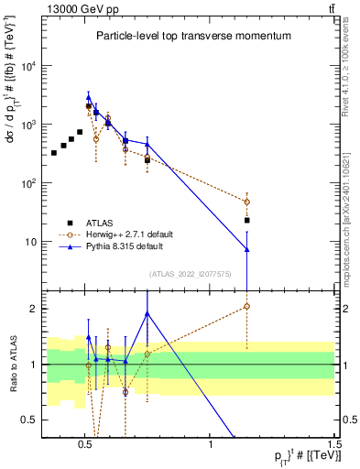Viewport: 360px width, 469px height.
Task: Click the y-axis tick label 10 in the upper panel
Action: pyautogui.click(x=31, y=242)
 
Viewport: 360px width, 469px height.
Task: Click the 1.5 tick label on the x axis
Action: pyautogui.click(x=334, y=444)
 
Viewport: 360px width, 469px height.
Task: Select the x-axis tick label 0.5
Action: pyautogui.click(x=85, y=444)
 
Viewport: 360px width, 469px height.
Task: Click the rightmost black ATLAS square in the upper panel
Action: pyautogui.click(x=247, y=220)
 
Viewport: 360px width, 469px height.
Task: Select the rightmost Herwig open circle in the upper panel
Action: pyautogui.click(x=247, y=202)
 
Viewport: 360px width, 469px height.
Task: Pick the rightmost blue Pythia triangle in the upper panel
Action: pyautogui.click(x=247, y=249)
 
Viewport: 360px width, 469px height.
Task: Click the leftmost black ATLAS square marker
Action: pyautogui.click(x=54, y=152)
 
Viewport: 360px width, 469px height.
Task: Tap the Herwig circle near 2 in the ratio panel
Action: pyautogui.click(x=247, y=306)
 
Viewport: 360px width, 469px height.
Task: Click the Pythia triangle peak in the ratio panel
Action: pyautogui.click(x=147, y=313)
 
